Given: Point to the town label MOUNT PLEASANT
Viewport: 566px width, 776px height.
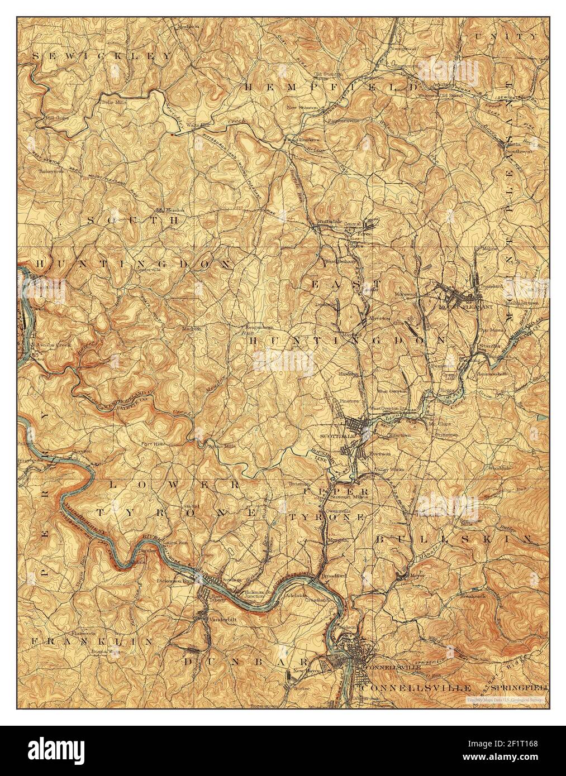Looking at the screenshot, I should (460, 307).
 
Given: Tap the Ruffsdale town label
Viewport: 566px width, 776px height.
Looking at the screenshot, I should (329, 222).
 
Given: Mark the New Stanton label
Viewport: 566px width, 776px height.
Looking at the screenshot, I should (302, 107).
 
